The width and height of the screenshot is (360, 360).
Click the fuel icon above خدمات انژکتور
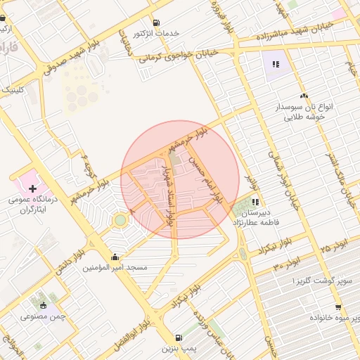tap(155, 22)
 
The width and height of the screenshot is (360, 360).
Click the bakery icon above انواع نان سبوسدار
tap(304, 95)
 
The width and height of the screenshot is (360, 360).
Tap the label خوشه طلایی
tap(304, 119)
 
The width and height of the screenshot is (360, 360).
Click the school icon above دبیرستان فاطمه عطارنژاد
tap(255, 201)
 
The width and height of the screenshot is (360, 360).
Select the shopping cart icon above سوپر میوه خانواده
tap(338, 307)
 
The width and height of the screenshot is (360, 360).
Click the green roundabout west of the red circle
tap(120, 221)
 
